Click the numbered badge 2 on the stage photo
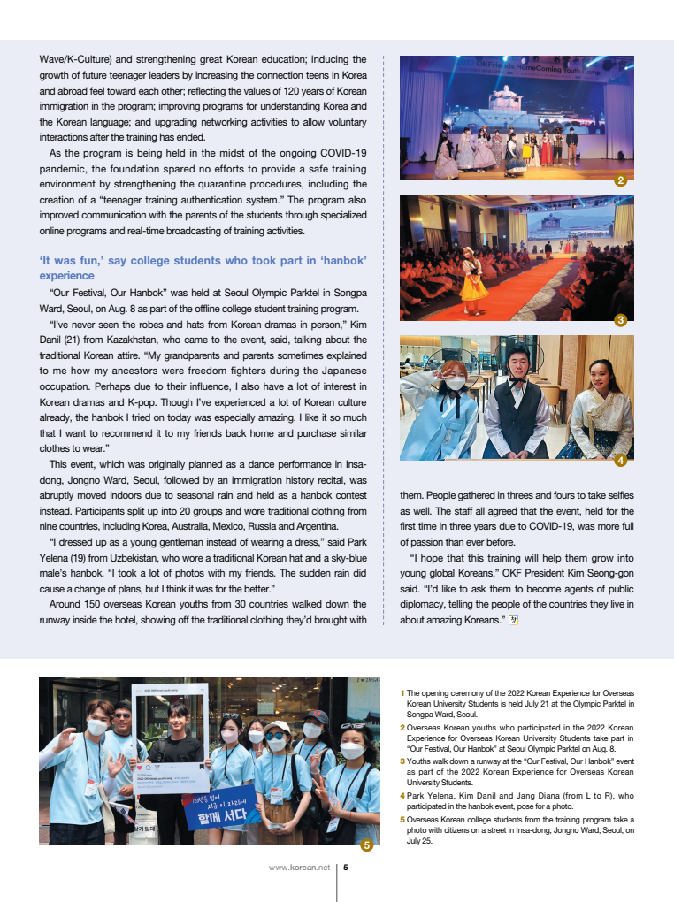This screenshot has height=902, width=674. pyautogui.click(x=620, y=180)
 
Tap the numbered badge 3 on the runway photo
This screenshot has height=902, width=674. pyautogui.click(x=620, y=320)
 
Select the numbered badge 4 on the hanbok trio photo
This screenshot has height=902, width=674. pyautogui.click(x=620, y=460)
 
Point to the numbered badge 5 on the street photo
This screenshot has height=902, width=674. pyautogui.click(x=366, y=845)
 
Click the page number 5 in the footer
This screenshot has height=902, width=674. pyautogui.click(x=346, y=868)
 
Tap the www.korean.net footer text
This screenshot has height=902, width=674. pyautogui.click(x=299, y=868)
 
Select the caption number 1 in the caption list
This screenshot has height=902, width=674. pyautogui.click(x=402, y=692)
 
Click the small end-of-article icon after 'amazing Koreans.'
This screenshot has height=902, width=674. pyautogui.click(x=513, y=620)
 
